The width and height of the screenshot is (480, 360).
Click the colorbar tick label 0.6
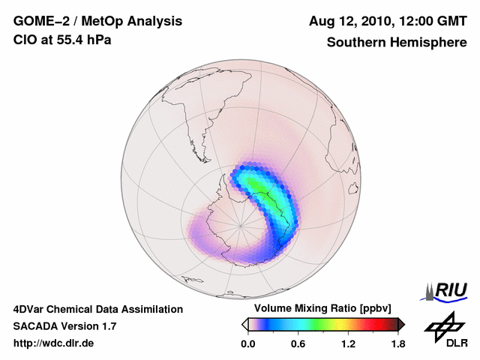click(x=298, y=344)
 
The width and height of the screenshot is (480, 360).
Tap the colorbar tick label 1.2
click(x=348, y=344)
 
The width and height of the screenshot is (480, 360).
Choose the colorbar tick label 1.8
click(x=397, y=344)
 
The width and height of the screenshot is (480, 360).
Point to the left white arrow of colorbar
click(x=245, y=324)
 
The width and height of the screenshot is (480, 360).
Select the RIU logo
click(x=446, y=291)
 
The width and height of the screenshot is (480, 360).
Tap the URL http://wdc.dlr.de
click(x=54, y=343)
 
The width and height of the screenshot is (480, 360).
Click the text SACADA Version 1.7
click(x=64, y=326)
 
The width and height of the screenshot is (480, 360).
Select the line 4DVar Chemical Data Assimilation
click(x=97, y=309)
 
